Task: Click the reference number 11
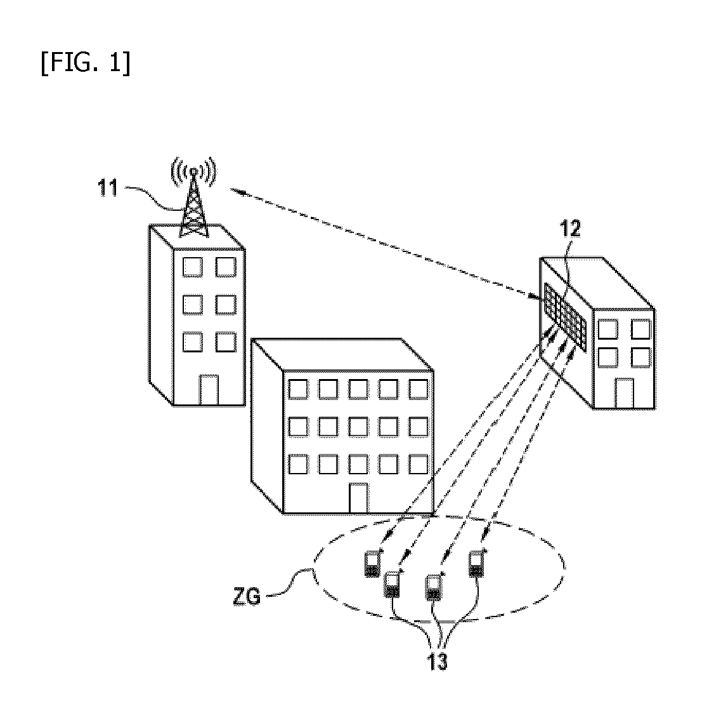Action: pos(108,189)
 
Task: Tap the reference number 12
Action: pos(569,229)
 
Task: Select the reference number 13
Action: pos(436,662)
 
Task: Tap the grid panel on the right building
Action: pos(565,317)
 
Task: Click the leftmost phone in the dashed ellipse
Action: pos(372,563)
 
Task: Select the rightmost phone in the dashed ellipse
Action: pos(476,564)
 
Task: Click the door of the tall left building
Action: pos(208,390)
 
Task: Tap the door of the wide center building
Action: pos(358,498)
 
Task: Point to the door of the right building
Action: pos(624,393)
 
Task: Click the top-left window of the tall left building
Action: pos(192,267)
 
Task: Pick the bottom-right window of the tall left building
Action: pos(226,342)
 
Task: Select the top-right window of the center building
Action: pos(418,389)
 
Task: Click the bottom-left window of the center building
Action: pos(298,464)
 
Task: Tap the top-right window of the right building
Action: pos(640,329)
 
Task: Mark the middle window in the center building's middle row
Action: pos(358,427)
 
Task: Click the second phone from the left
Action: pos(392,584)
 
